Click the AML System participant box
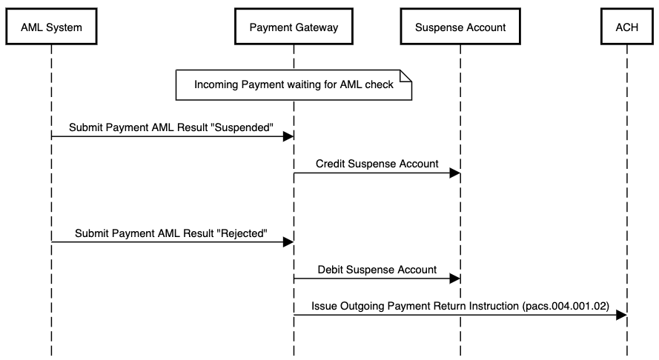click(51, 27)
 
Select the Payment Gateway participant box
click(294, 27)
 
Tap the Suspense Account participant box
click(460, 27)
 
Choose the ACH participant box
click(627, 27)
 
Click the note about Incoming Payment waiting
click(293, 84)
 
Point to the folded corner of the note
click(406, 74)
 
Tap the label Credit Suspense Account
click(377, 164)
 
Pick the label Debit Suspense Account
click(377, 270)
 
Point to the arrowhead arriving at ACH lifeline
click(621, 316)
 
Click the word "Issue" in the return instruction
click(324, 305)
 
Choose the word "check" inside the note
click(379, 84)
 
